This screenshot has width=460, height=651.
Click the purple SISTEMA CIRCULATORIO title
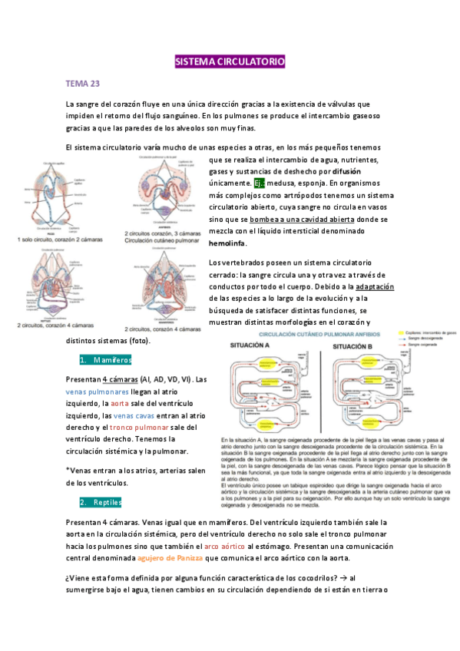coord(230,61)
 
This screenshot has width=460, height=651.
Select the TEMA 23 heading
coord(83,83)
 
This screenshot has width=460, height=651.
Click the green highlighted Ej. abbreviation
coord(259,184)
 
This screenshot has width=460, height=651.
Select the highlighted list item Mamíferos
coord(111,359)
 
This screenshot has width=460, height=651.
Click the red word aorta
coord(120,402)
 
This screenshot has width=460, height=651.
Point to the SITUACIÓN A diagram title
coord(251,346)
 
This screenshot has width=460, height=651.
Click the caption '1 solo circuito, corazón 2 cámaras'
coord(63,240)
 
